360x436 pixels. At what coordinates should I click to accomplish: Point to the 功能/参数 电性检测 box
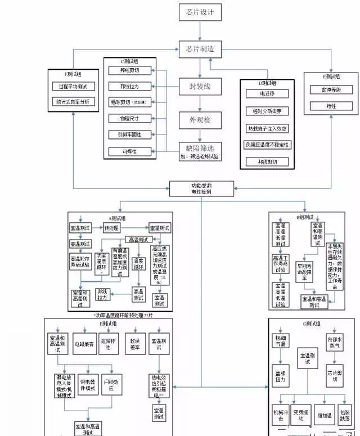[201, 188]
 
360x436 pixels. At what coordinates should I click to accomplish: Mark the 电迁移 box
[267, 93]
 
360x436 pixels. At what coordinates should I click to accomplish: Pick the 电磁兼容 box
[84, 343]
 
